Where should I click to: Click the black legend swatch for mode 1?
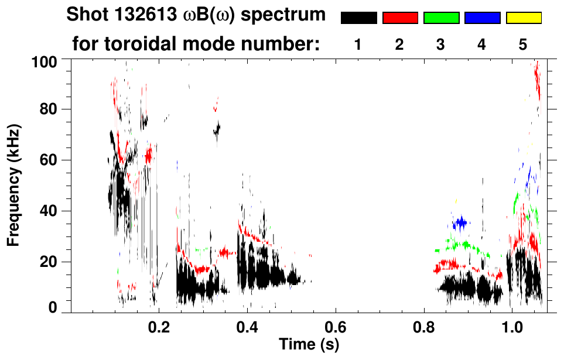tap(358, 18)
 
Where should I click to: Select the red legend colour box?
tap(400, 18)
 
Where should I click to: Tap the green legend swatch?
tap(441, 18)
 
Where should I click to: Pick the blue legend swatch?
tap(482, 18)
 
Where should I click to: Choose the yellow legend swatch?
tap(523, 18)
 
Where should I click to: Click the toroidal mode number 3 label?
tap(440, 45)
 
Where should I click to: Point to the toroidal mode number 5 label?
tap(523, 45)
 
